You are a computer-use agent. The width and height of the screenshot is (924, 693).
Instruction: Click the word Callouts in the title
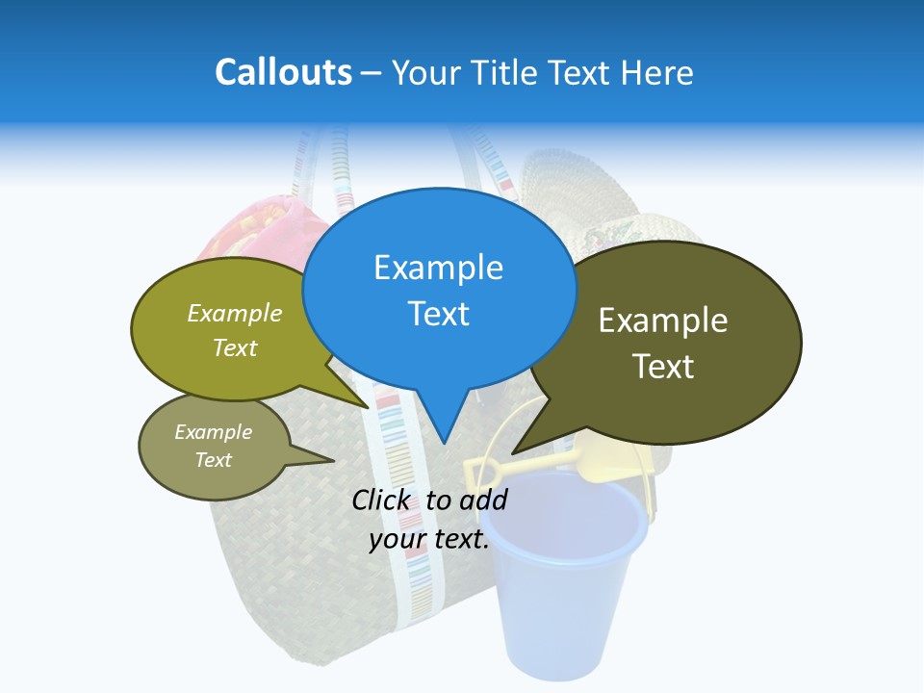(283, 72)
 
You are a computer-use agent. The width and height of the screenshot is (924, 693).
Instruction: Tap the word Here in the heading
(657, 72)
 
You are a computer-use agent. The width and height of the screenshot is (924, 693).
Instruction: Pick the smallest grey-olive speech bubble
(214, 446)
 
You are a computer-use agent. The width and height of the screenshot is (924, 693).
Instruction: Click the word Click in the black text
(380, 500)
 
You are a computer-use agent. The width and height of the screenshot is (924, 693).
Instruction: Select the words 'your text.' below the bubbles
(429, 539)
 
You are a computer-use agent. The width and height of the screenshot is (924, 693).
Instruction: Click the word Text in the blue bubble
(439, 314)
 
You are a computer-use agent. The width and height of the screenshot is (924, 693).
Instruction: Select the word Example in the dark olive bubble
(663, 321)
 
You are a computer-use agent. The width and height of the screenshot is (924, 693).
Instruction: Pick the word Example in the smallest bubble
(213, 432)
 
